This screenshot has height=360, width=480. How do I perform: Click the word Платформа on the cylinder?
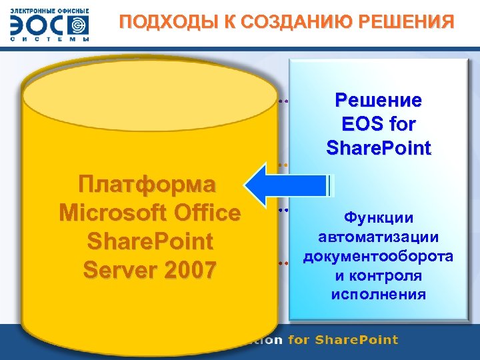146,183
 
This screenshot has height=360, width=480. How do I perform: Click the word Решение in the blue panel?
378,101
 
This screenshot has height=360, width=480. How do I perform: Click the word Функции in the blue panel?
378,217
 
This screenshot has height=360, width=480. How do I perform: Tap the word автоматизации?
378,237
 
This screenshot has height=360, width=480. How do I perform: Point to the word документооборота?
378,256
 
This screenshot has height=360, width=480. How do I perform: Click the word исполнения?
378,294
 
